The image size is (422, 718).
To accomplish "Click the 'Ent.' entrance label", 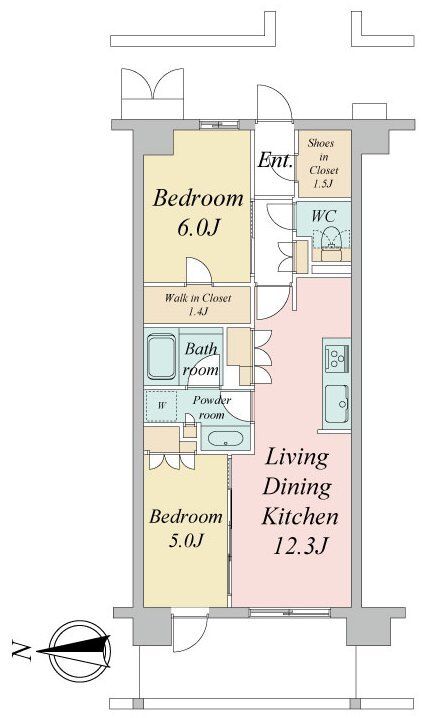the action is coord(275,161).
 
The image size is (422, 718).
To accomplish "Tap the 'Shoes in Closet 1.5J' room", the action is coord(324,164).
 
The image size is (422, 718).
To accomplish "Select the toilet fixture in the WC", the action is coord(330,239).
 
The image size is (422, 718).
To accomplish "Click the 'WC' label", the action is coord(324,216).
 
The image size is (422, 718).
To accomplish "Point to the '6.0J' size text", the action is coord(197,228).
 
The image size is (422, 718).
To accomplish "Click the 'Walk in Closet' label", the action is coord(198,298).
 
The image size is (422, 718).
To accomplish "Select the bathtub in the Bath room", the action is coord(161,357).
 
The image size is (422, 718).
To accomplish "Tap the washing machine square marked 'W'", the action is coord(161,406).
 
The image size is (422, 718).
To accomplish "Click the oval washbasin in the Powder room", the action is coord(226,438).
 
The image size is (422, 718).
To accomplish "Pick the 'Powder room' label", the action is coord(211,408).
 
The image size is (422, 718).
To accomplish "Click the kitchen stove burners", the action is coord(336,356).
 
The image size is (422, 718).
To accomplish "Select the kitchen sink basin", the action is coord(337,403).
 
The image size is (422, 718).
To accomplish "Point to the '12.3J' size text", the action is coord(300,546).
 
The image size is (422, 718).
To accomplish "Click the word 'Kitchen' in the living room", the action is coord(300,517).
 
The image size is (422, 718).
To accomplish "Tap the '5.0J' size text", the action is coord(186,541).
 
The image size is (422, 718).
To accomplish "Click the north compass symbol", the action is coord(81,650).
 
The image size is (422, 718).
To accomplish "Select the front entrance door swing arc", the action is coord(275,103).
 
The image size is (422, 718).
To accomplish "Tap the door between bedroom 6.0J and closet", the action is coord(199,271).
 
